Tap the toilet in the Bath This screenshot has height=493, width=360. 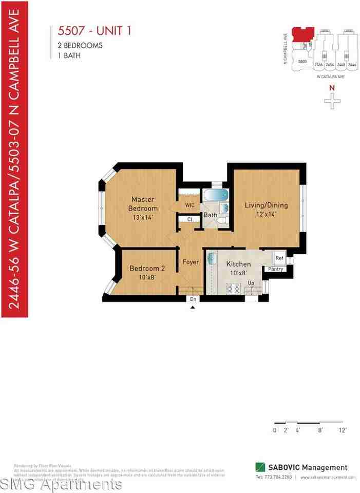point(221,221)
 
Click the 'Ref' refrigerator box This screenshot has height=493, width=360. point(279,258)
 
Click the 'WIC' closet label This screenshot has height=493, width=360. point(190,205)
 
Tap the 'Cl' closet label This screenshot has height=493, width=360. point(190,219)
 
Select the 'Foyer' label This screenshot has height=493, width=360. point(191,262)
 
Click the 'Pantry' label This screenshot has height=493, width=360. point(276,269)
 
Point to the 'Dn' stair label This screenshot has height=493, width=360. point(193,299)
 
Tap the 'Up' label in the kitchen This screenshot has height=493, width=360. point(251,283)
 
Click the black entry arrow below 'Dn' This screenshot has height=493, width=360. point(193,307)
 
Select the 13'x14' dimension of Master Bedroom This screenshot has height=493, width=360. point(143,217)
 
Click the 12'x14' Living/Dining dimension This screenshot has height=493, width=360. point(266,214)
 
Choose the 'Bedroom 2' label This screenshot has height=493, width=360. point(147,268)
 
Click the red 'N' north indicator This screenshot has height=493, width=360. point(332,88)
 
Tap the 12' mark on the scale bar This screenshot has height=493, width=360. point(343,430)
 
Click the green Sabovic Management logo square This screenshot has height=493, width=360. point(260,467)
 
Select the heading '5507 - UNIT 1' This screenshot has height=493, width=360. point(92,31)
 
